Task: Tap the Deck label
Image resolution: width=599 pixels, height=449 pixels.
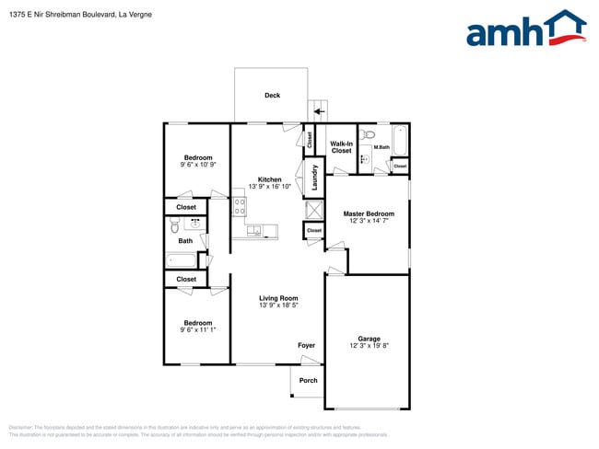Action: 272,96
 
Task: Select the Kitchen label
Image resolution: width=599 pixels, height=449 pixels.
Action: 270,179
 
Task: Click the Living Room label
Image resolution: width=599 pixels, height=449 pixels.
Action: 278,298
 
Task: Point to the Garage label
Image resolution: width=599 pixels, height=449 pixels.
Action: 369,339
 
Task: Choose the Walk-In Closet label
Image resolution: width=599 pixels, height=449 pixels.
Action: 342,147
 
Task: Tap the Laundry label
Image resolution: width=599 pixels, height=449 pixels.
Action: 314,178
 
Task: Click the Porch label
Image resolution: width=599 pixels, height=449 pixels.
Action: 309,380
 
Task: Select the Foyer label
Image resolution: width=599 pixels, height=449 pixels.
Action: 307,346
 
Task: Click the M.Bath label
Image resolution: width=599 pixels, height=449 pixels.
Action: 381,147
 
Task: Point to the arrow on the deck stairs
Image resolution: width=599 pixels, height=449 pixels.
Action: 319,111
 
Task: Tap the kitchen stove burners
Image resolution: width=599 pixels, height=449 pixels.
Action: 240,208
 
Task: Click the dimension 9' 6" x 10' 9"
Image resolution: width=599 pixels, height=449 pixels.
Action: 198,165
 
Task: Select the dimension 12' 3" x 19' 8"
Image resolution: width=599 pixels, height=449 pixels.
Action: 369,346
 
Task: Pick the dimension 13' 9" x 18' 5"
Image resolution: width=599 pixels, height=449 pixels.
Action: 278,305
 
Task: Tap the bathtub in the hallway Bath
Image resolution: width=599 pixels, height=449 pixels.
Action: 182,260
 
